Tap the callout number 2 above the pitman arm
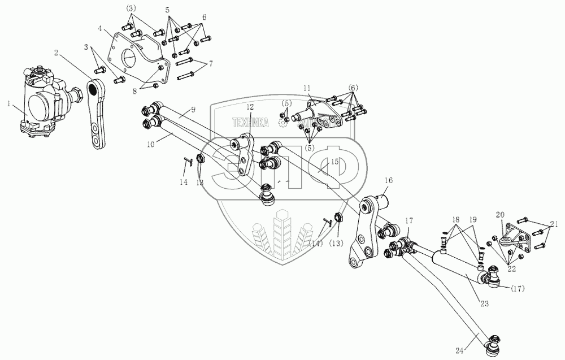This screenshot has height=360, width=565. pos(57,52)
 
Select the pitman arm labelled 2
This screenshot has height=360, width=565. pos(95,114)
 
